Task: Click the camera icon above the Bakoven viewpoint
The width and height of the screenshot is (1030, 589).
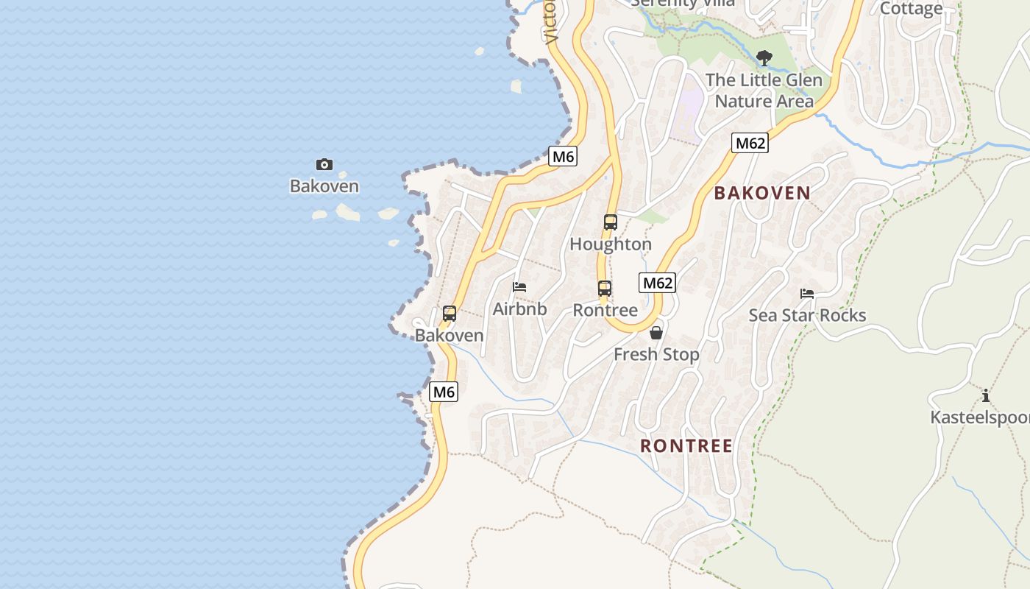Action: pyautogui.click(x=324, y=164)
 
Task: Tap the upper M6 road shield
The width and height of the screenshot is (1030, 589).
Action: pyautogui.click(x=563, y=156)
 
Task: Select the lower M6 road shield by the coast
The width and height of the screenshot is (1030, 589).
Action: pyautogui.click(x=444, y=392)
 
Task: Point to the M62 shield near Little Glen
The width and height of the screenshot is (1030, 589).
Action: pyautogui.click(x=750, y=143)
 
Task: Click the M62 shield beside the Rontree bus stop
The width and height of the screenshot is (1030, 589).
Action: pyautogui.click(x=657, y=283)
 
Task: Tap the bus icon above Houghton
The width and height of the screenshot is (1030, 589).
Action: pyautogui.click(x=610, y=222)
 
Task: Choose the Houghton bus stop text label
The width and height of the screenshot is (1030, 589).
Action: pyautogui.click(x=611, y=244)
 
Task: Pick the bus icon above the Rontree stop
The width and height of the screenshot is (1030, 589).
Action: pyautogui.click(x=605, y=289)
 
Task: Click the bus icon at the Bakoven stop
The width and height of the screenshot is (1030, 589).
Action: pyautogui.click(x=450, y=314)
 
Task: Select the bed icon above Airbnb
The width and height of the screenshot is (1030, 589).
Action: pyautogui.click(x=519, y=287)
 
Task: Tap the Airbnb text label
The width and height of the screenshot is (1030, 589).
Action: pyautogui.click(x=519, y=309)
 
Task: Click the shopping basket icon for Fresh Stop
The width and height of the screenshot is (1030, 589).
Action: pyautogui.click(x=656, y=333)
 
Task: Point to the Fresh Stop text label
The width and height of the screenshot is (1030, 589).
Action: pyautogui.click(x=656, y=355)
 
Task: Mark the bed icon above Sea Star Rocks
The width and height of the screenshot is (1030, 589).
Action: pyautogui.click(x=807, y=293)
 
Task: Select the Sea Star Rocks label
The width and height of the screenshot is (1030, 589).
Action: pyautogui.click(x=807, y=315)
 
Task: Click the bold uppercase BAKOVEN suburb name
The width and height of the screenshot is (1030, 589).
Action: pyautogui.click(x=762, y=193)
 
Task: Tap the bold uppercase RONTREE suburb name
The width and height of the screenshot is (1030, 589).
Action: pyautogui.click(x=686, y=445)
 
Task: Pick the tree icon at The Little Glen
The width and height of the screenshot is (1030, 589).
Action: pyautogui.click(x=764, y=57)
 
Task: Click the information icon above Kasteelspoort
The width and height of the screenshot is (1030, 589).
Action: pyautogui.click(x=986, y=395)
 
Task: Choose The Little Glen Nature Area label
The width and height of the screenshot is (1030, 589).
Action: pyautogui.click(x=764, y=90)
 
